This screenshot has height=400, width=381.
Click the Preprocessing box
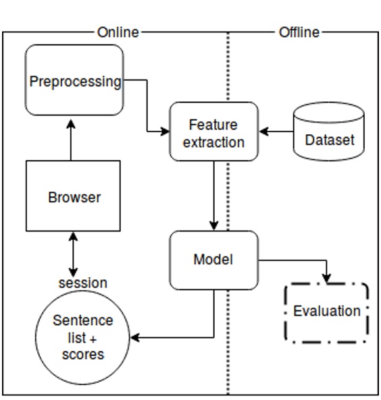click(74, 80)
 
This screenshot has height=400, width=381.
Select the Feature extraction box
click(213, 132)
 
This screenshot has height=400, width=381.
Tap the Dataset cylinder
click(329, 135)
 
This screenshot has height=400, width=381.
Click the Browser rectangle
click(74, 196)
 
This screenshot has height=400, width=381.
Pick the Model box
click(213, 260)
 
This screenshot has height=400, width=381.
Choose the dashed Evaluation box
click(327, 312)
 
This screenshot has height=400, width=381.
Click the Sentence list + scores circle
click(82, 337)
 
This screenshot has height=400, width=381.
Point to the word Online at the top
click(118, 32)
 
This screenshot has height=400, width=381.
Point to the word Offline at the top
click(299, 32)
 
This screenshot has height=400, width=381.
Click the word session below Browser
click(82, 283)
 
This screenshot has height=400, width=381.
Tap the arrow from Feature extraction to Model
click(214, 196)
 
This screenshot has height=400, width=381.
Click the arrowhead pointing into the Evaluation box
click(328, 279)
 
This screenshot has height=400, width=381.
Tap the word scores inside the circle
click(83, 353)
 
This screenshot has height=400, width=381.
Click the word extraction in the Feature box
click(213, 142)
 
